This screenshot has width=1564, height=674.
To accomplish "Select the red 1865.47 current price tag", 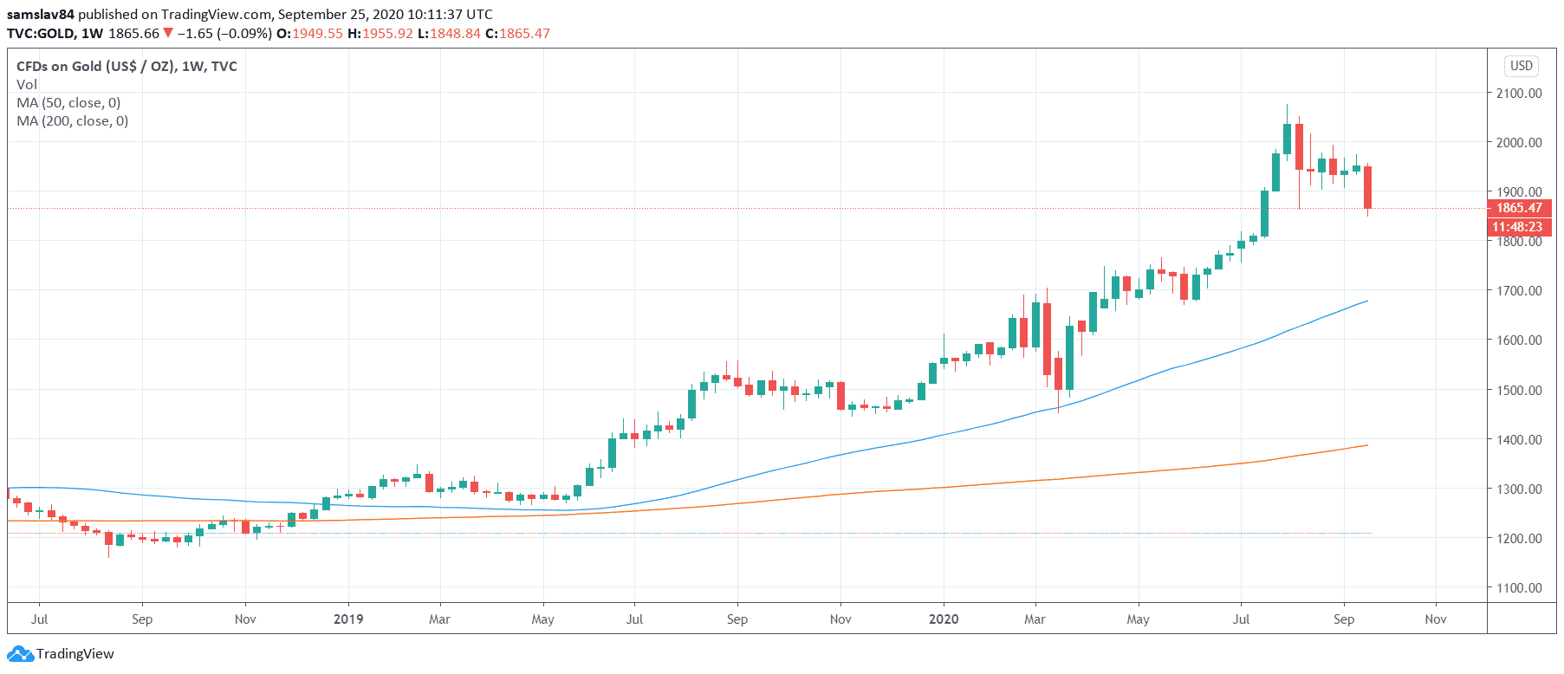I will coord(1519,208).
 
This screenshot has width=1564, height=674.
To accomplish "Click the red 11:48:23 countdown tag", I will coord(1517,227).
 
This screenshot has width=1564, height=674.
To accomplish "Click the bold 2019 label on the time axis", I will coord(348,619).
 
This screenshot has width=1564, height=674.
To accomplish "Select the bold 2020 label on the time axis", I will coord(944,619).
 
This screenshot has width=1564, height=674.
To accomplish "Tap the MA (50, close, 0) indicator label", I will coord(68,103).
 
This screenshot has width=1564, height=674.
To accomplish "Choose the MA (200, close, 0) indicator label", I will coord(72,121).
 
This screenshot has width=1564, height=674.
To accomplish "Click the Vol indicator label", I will coord(27,85).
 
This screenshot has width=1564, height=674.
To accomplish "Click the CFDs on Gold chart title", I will coord(127,67).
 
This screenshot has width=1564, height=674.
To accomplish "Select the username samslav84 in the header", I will coord(41,15).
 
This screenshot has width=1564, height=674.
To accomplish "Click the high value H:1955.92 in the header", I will coord(380,34).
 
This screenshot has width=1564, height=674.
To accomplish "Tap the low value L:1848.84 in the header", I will coord(449,34).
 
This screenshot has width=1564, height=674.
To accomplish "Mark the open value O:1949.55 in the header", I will coord(309,34).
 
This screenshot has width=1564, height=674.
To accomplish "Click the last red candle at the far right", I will coord(1367,186).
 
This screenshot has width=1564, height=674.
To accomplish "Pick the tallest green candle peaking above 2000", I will coord(1287,139).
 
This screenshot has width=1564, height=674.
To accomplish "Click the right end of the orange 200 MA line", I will coord(1366,445).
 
